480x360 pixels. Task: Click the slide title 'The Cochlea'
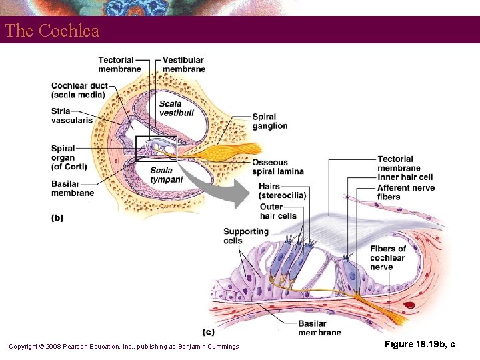point(52,31)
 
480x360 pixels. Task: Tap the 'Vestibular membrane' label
point(184,65)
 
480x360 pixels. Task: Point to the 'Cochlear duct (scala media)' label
point(78,90)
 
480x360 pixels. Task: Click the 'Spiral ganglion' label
point(270,121)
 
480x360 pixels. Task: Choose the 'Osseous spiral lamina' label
point(277,167)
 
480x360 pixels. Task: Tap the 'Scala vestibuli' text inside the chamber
point(171,109)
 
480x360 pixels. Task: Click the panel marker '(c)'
point(208,331)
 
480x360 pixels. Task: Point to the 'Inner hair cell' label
point(405,177)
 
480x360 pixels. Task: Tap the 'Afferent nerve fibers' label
point(405,192)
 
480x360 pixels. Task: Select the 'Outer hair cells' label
point(278,211)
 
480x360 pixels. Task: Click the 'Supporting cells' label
point(245,236)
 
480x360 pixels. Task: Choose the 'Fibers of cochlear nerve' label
point(387,258)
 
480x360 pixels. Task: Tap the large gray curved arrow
point(220,187)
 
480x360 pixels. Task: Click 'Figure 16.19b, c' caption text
point(419,344)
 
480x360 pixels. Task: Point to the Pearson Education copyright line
point(123,346)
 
